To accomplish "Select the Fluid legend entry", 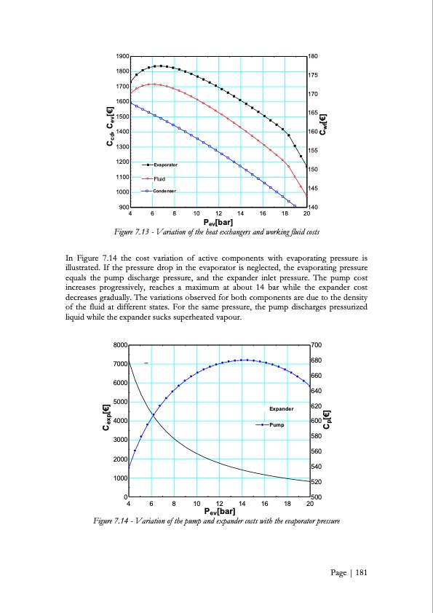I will point(160,178).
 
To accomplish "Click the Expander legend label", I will point(281,409).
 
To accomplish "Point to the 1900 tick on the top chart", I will point(122,56).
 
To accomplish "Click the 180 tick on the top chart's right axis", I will point(314,56).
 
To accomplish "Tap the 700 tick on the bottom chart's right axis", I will point(316,344).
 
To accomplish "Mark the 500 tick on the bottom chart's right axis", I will point(316,497).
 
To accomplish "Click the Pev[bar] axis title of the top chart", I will point(218,221).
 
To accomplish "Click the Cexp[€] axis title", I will point(107,420).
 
